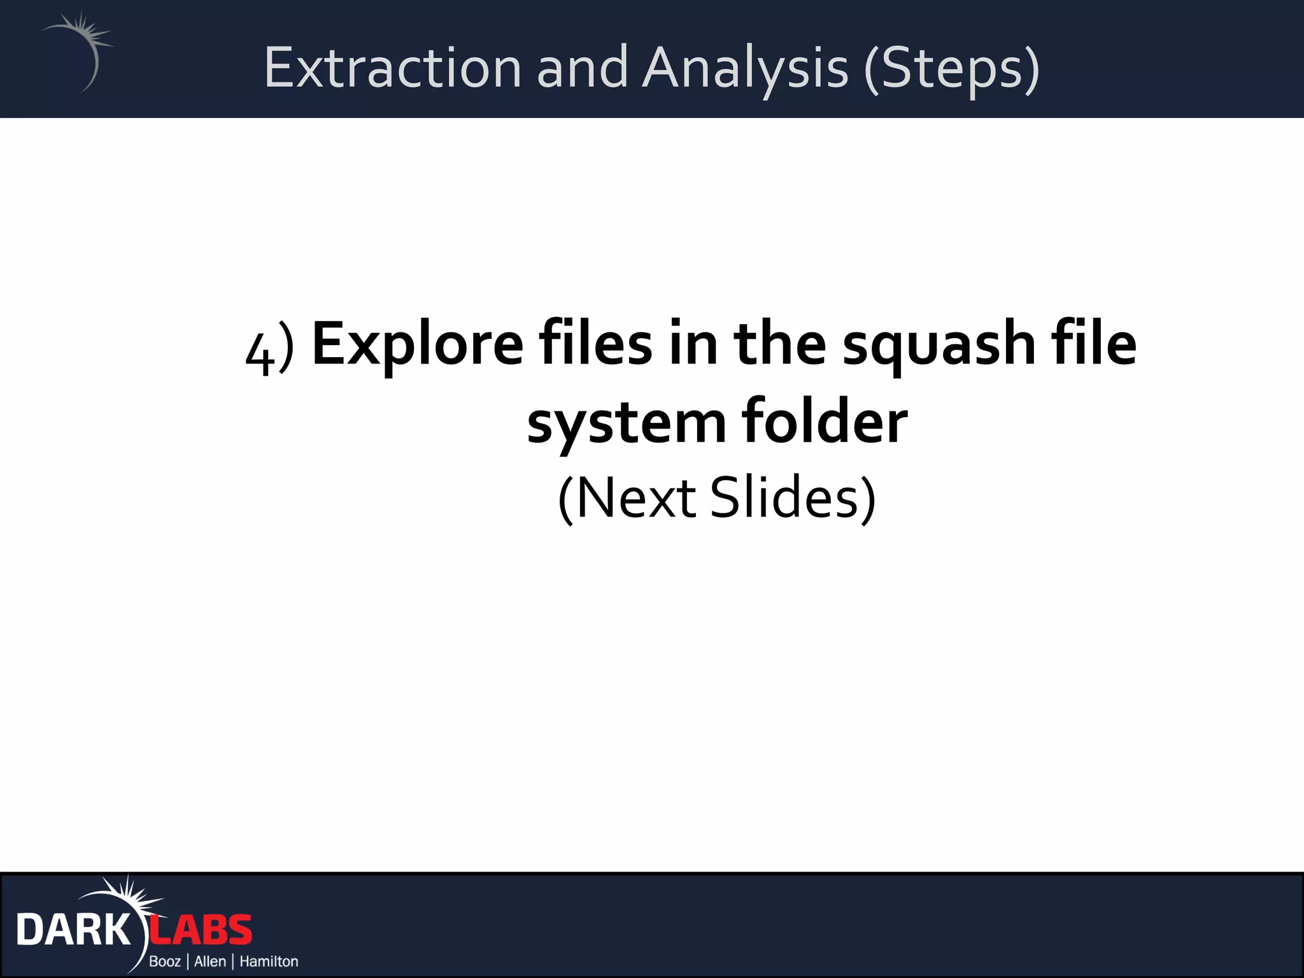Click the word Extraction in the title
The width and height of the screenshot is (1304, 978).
click(x=393, y=67)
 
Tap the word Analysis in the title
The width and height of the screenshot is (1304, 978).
click(x=745, y=67)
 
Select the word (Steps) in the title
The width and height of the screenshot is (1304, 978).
click(x=951, y=67)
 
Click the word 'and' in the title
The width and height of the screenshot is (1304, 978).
click(x=582, y=67)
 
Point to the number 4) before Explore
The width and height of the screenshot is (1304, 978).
click(x=269, y=354)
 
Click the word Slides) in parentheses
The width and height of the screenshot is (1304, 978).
click(x=793, y=499)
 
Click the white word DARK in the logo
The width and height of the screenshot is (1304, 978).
click(x=74, y=930)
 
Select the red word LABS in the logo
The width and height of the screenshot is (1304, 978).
click(x=201, y=930)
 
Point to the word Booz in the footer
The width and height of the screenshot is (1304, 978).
click(x=165, y=961)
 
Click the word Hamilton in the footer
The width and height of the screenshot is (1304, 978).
click(x=269, y=961)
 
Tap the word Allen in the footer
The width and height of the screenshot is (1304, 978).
click(x=210, y=961)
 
